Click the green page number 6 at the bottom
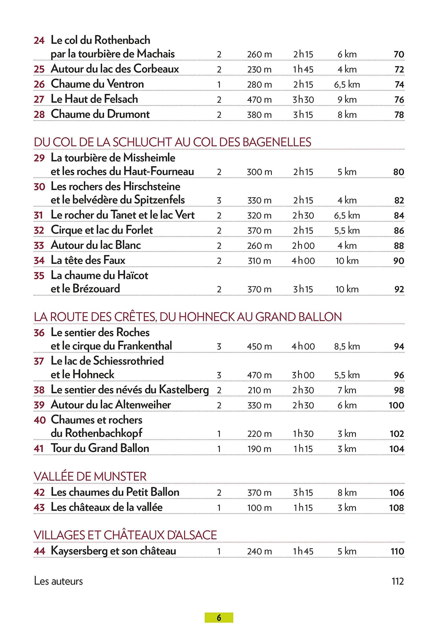(219, 618)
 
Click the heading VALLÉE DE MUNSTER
(90, 476)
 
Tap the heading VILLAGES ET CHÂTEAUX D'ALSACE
(125, 535)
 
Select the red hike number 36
(39, 333)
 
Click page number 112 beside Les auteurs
(397, 581)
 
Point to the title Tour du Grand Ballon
(100, 448)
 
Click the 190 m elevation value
(259, 449)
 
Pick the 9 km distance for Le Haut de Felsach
(347, 100)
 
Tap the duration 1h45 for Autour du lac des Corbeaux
(303, 69)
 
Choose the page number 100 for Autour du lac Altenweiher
(396, 405)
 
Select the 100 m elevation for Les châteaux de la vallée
(259, 508)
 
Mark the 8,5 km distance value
(347, 347)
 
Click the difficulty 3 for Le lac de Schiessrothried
(219, 375)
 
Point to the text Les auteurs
(58, 581)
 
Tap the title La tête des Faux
(88, 260)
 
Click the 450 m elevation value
(259, 347)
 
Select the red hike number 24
(39, 41)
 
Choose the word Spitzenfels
(159, 200)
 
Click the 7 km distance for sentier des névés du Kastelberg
(347, 390)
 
